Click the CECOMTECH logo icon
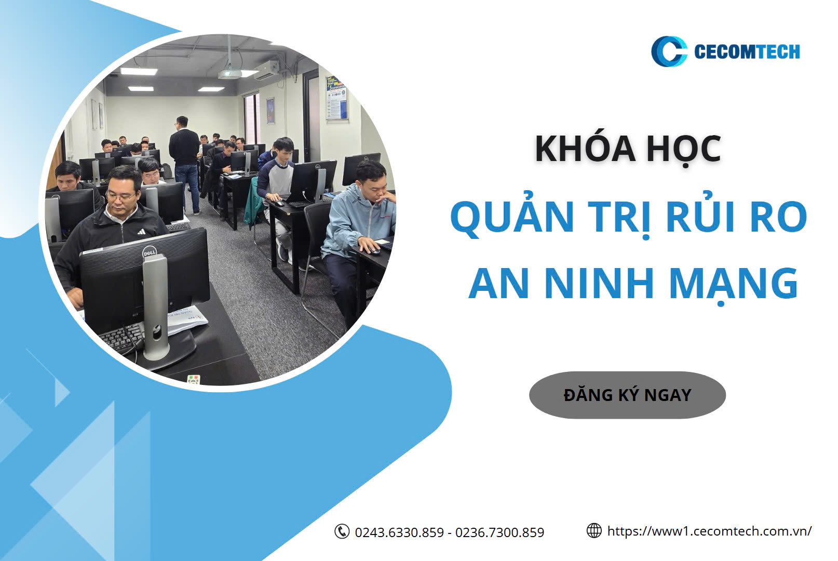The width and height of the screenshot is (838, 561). point(668,51)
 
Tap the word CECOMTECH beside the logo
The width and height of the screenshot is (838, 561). point(747,51)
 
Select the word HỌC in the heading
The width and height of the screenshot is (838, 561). point(684,150)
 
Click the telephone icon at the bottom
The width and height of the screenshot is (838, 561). point(342,531)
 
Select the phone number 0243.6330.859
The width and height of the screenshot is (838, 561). point(399,532)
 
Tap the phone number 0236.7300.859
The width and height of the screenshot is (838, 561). point(499,532)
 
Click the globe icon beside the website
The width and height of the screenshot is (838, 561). point(594,531)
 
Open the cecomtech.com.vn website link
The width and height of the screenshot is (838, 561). point(709,531)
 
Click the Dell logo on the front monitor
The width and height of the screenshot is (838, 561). point(149,253)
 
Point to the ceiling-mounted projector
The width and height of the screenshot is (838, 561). point(229,74)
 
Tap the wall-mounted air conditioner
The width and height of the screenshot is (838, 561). point(267,70)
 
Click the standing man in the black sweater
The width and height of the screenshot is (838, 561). point(185,165)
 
